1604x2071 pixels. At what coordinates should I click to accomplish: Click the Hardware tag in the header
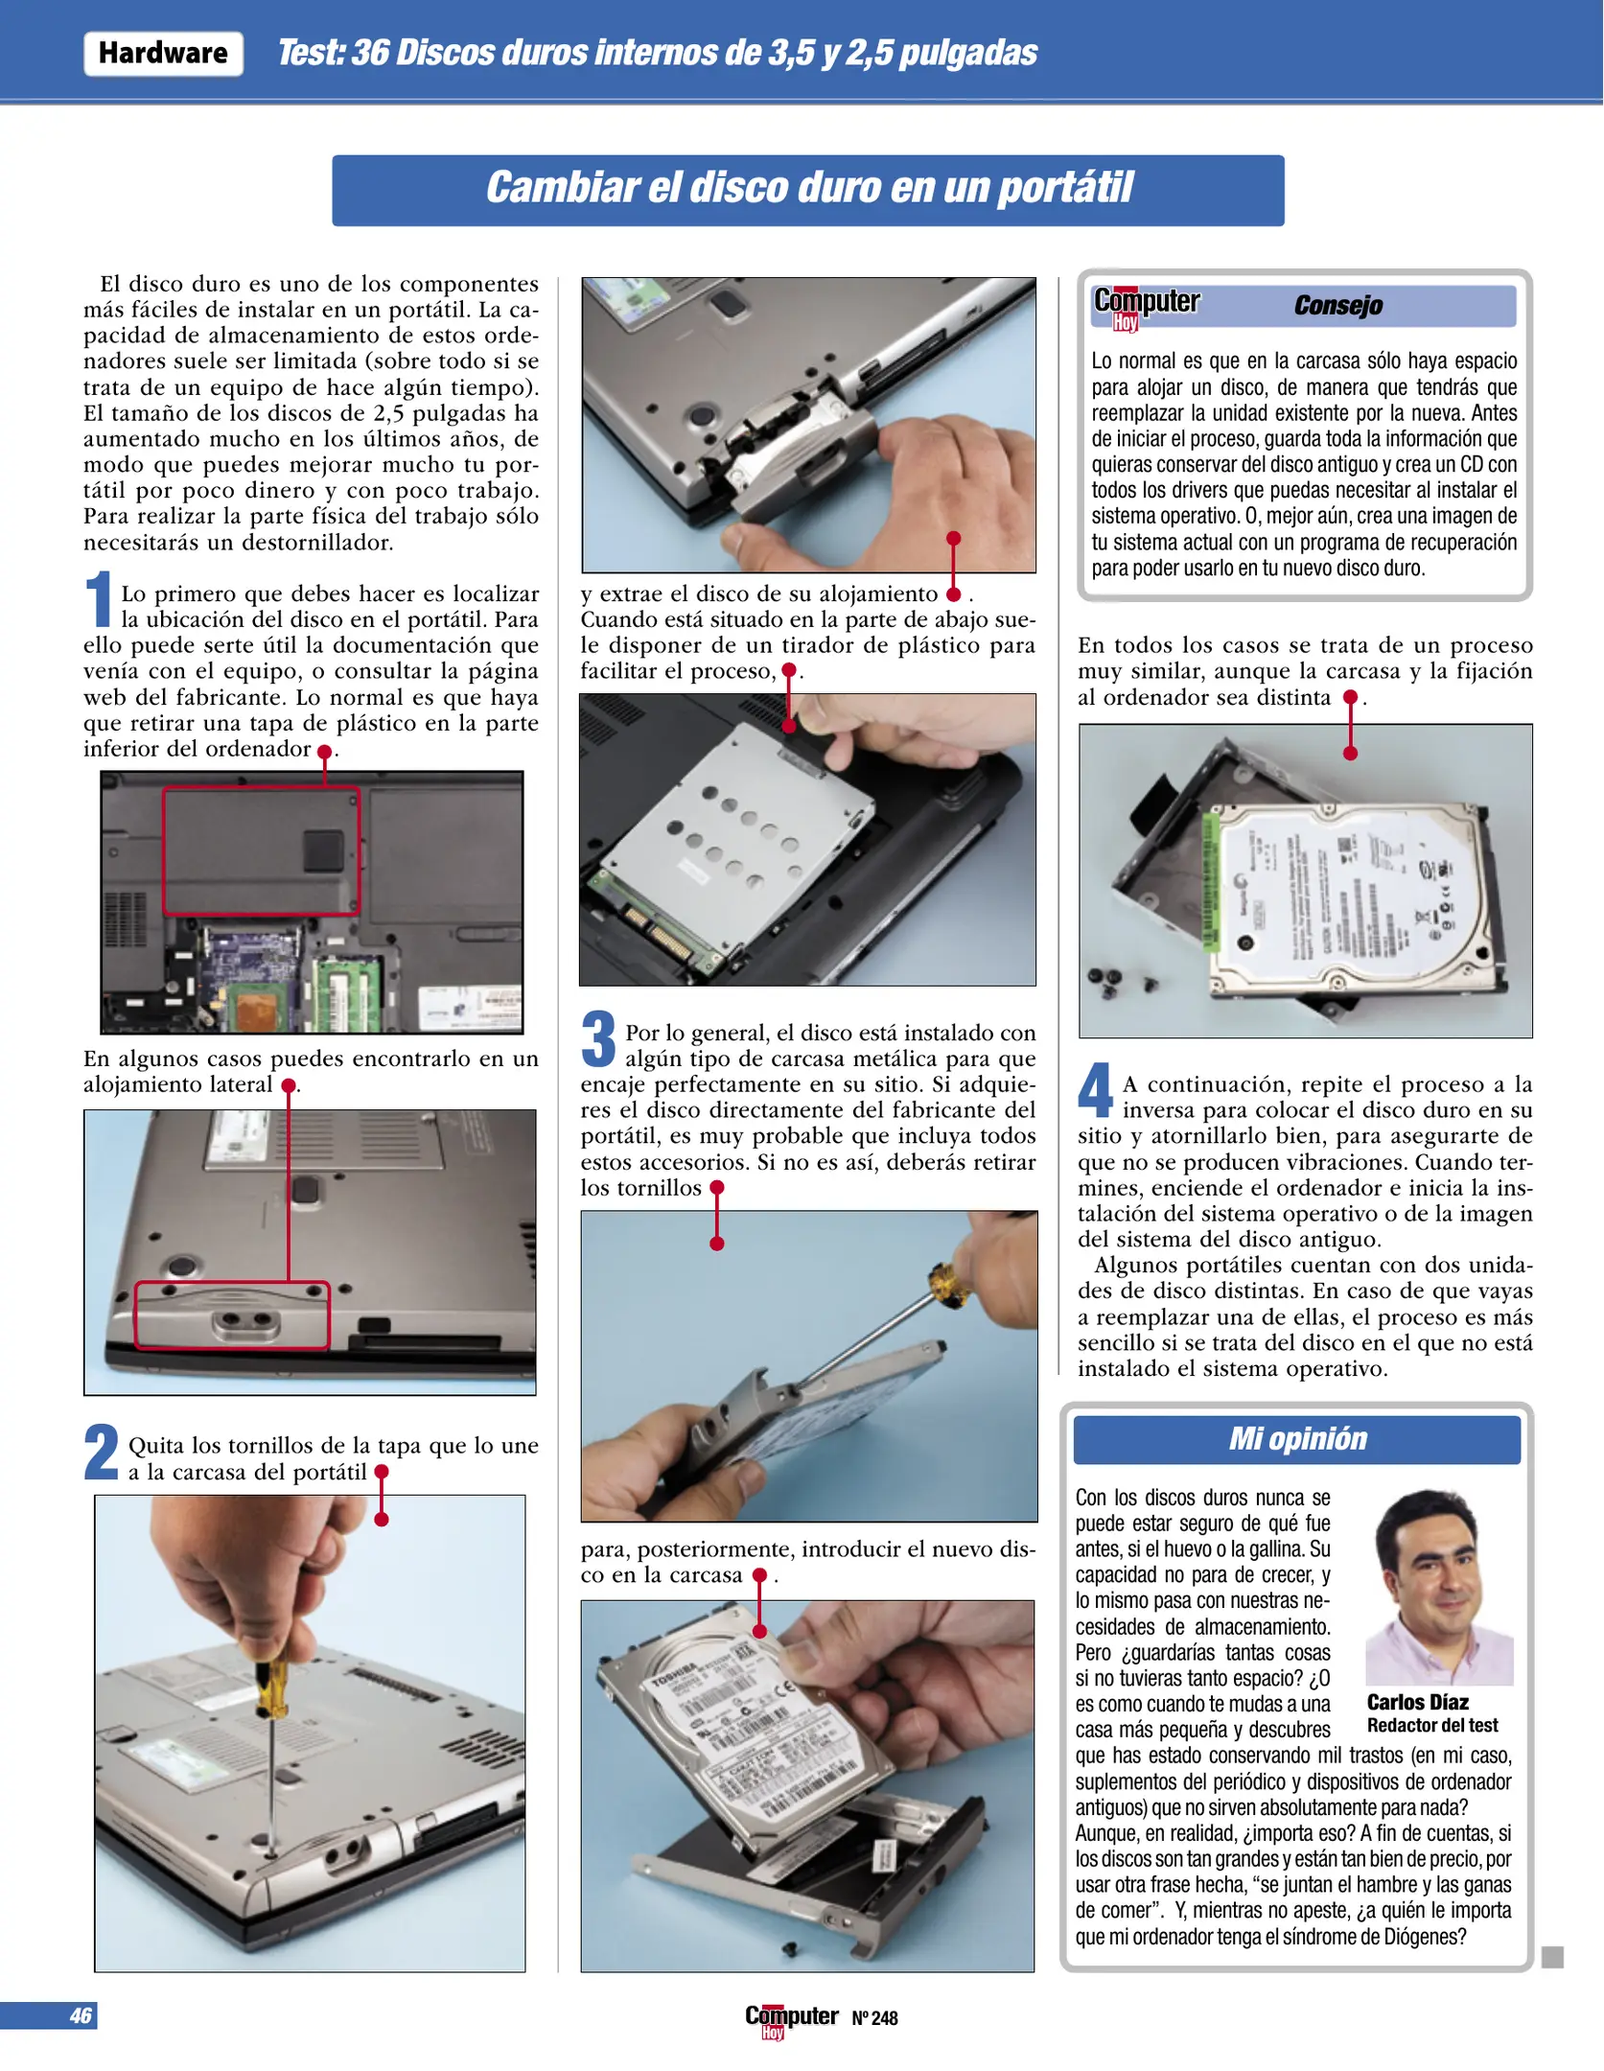(163, 53)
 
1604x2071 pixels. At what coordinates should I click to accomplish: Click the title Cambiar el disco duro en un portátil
(808, 189)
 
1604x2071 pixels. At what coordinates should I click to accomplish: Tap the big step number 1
(99, 599)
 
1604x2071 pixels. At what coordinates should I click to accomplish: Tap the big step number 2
(102, 1452)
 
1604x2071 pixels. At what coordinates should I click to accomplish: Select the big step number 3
(598, 1039)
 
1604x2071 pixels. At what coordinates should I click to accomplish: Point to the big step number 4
(1095, 1090)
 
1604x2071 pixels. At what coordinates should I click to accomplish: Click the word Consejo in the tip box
(1337, 306)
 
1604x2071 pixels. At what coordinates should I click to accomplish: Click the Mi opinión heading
(1297, 1439)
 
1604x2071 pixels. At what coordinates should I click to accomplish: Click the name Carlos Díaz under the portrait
(1417, 1702)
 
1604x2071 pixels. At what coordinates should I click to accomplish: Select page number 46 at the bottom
(81, 2015)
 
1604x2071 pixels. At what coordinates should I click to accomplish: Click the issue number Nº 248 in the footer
(874, 2018)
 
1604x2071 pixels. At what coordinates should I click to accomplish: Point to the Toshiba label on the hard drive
(673, 1674)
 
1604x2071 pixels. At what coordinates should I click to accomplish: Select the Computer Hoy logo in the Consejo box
(1146, 306)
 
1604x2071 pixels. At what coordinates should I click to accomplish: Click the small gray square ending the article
(1552, 1957)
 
